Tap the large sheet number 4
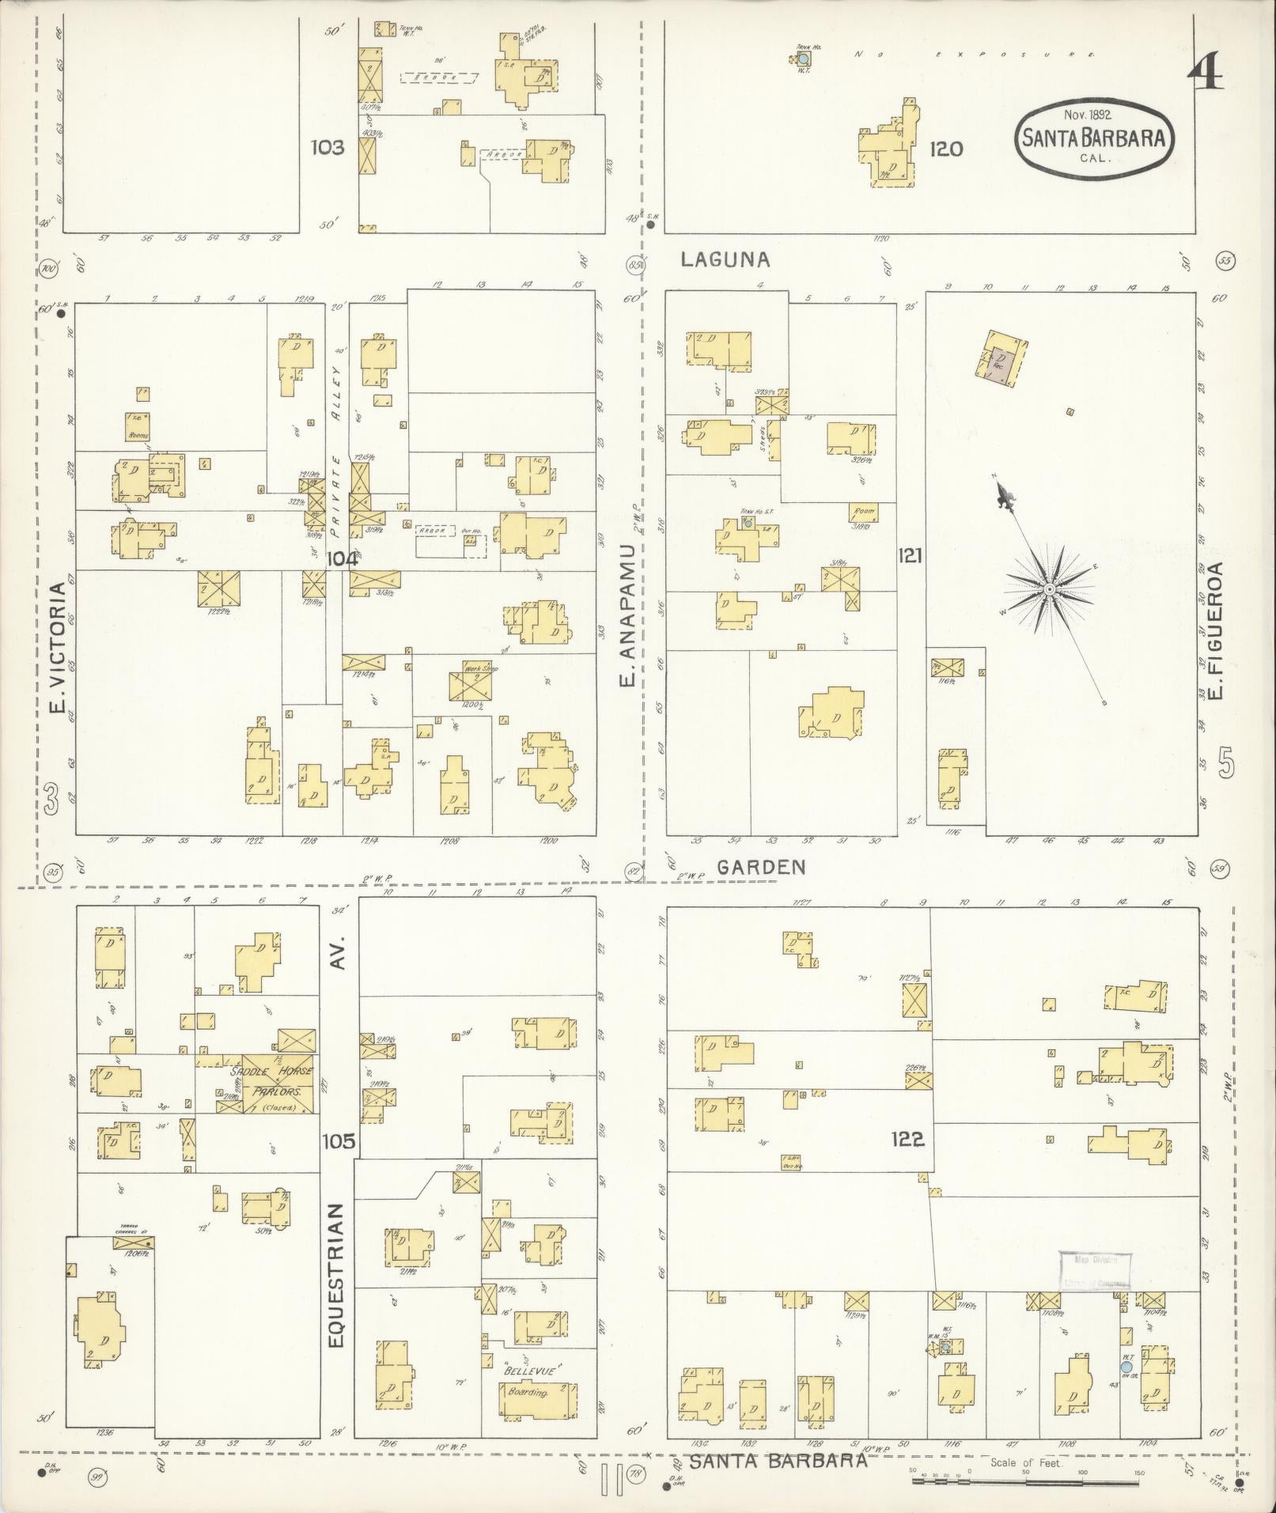point(1205,76)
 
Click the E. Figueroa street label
point(1216,630)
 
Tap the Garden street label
point(761,867)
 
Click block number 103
point(327,147)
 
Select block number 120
point(945,148)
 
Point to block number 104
point(342,558)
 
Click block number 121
point(911,556)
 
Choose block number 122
point(907,1139)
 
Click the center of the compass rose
point(1049,589)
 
